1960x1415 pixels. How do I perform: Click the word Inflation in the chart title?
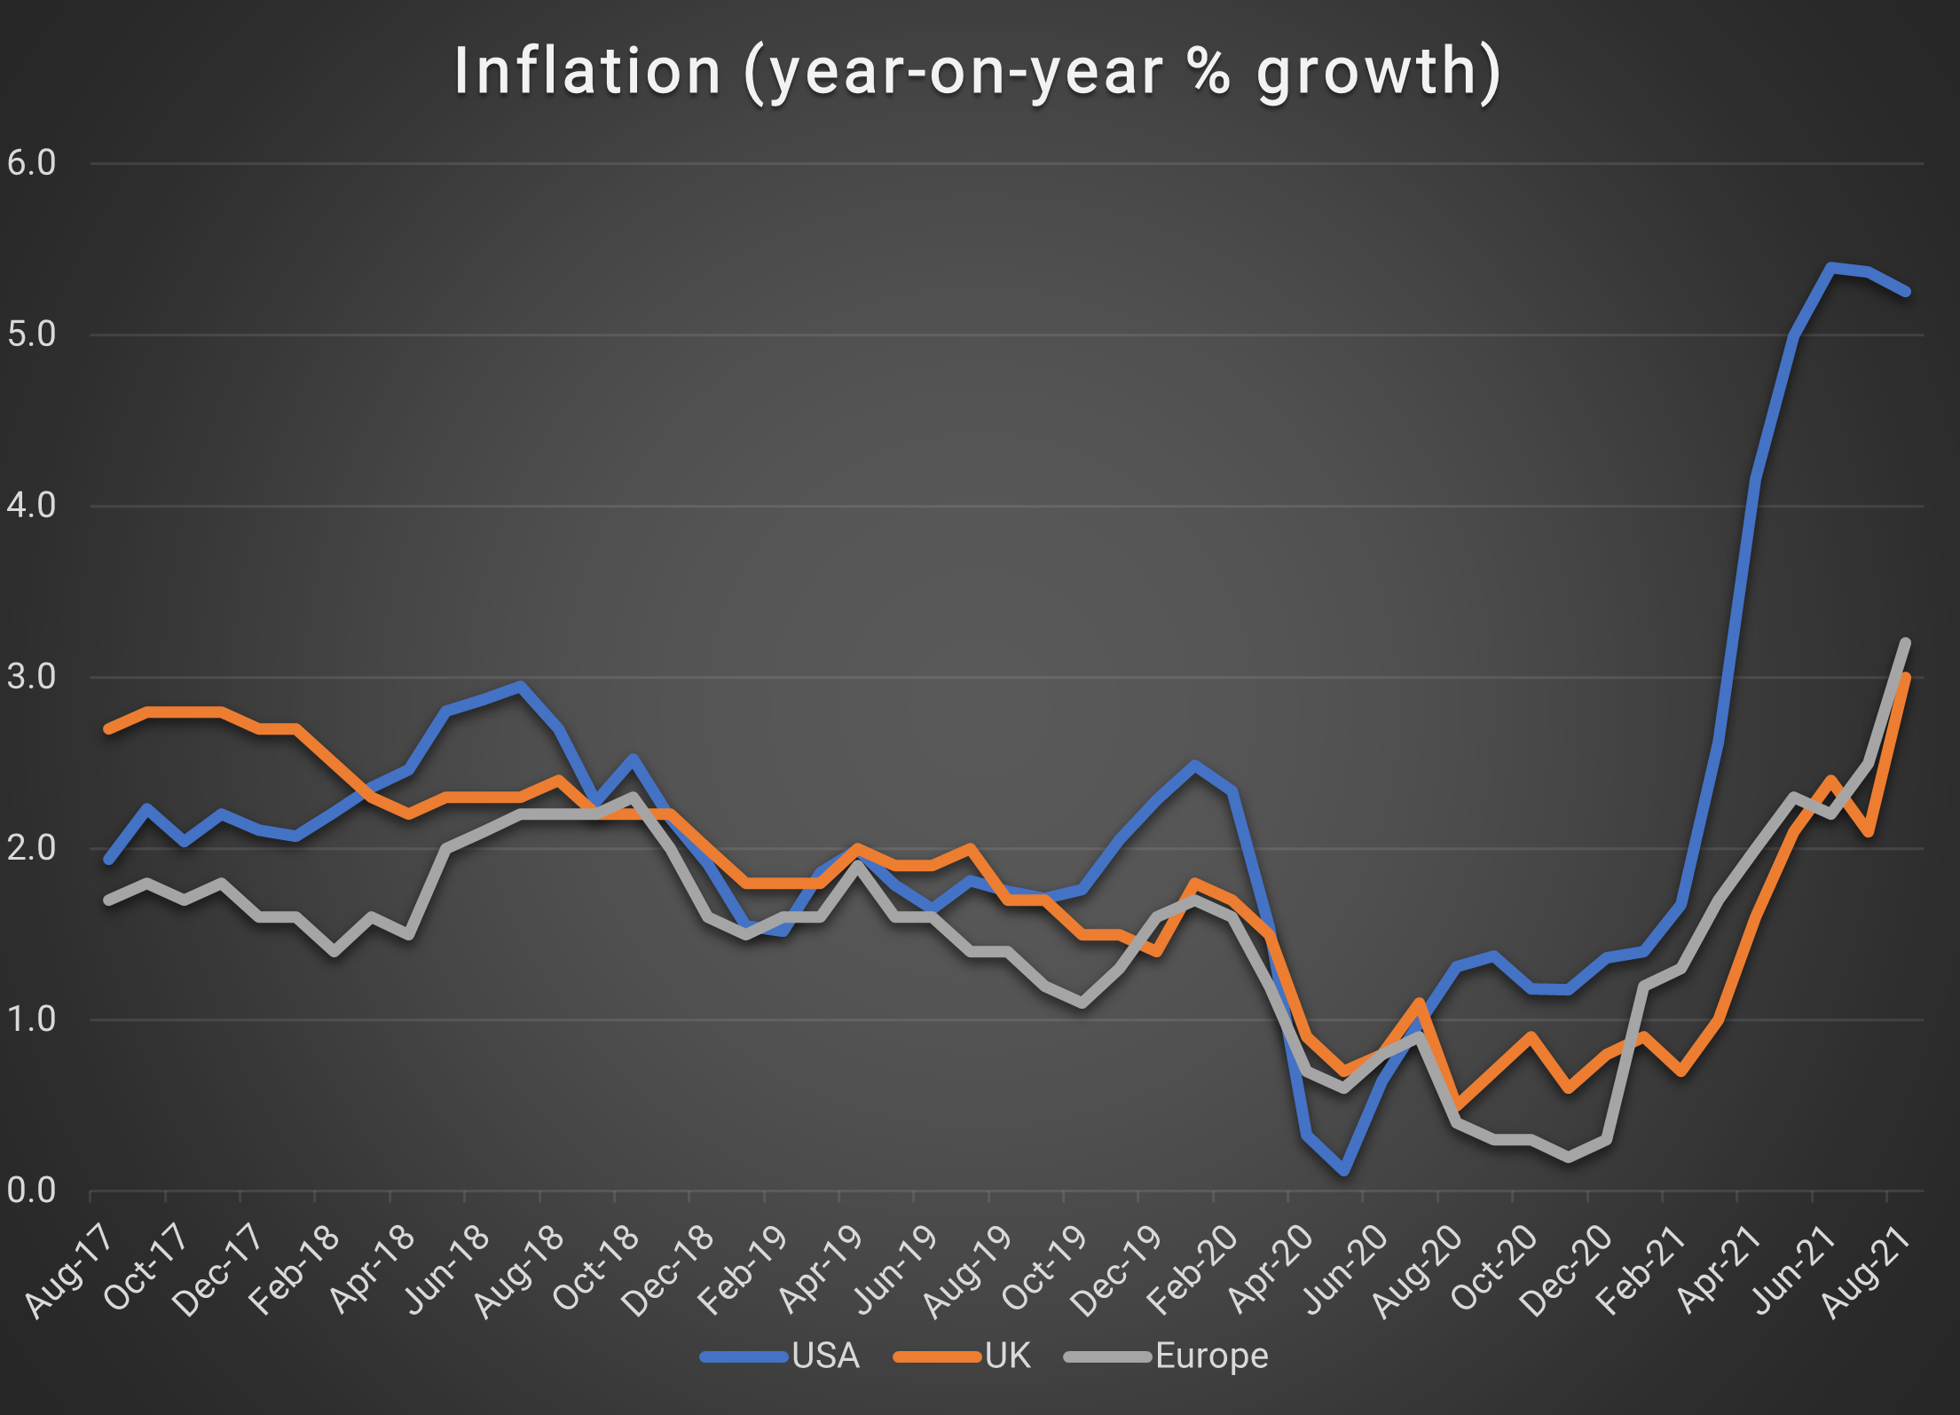pyautogui.click(x=586, y=71)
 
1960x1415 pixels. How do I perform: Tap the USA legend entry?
pyautogui.click(x=781, y=1356)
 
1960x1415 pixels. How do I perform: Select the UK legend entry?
pyautogui.click(x=964, y=1356)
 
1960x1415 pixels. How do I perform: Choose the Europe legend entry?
pyautogui.click(x=1167, y=1356)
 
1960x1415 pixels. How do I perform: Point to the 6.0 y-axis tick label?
pyautogui.click(x=31, y=163)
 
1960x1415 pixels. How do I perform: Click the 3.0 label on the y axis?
pyautogui.click(x=31, y=677)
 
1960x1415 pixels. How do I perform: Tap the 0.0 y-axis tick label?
pyautogui.click(x=31, y=1191)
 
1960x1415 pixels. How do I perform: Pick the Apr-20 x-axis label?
pyautogui.click(x=1269, y=1270)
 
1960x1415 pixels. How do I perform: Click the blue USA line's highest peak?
pyautogui.click(x=1830, y=266)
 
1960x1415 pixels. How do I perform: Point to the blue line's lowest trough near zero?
pyautogui.click(x=1344, y=1171)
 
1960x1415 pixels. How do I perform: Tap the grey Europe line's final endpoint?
pyautogui.click(x=1905, y=642)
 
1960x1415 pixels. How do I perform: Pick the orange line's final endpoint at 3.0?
pyautogui.click(x=1905, y=678)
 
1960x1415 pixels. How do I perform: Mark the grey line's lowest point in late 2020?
pyautogui.click(x=1569, y=1157)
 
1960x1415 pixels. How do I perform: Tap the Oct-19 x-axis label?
pyautogui.click(x=1044, y=1270)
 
